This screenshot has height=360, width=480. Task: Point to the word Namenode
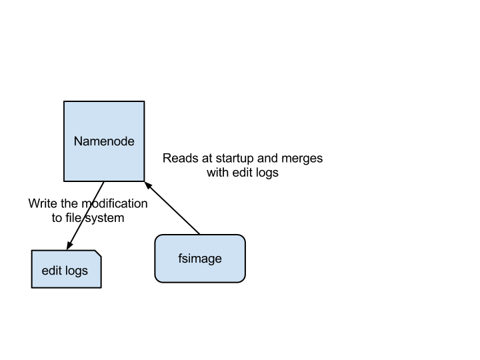pyautogui.click(x=104, y=141)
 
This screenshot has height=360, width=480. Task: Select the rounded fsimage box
pyautogui.click(x=200, y=270)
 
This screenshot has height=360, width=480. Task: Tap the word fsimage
pyautogui.click(x=200, y=259)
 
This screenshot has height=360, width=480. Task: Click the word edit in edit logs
pyautogui.click(x=52, y=271)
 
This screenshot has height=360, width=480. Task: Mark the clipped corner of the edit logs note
pyautogui.click(x=97, y=254)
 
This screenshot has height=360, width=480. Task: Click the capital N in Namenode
pyautogui.click(x=78, y=141)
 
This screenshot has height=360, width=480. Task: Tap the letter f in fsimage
pyautogui.click(x=180, y=259)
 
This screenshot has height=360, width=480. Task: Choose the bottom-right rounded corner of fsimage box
pyautogui.click(x=241, y=279)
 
